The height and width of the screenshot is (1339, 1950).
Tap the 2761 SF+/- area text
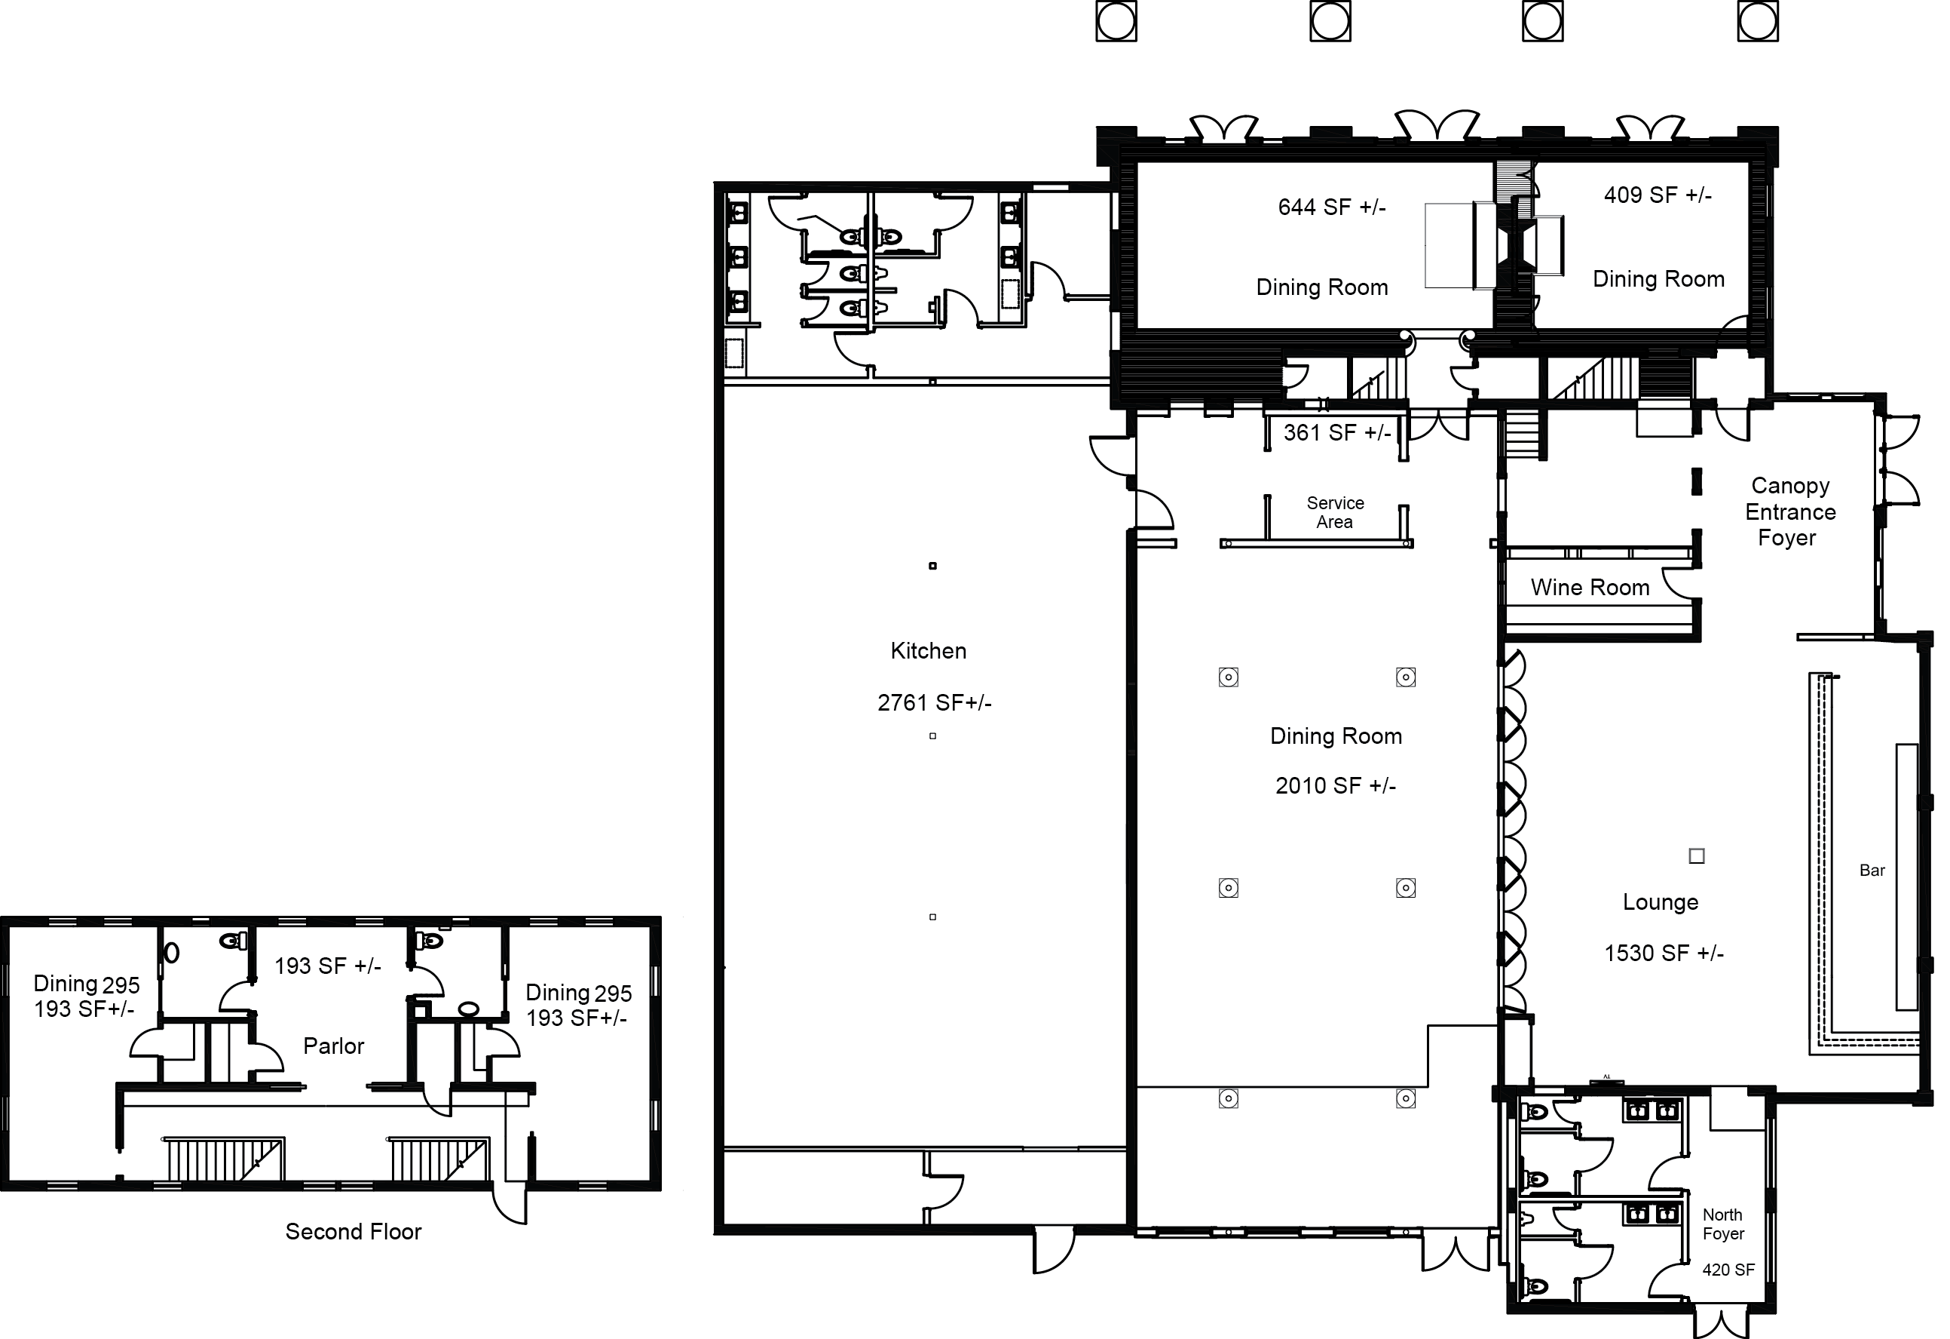(935, 702)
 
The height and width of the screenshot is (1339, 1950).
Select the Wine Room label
(1590, 588)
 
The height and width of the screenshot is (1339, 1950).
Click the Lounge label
(1661, 902)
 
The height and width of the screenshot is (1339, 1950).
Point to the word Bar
(1872, 871)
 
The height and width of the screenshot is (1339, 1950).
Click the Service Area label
(1335, 513)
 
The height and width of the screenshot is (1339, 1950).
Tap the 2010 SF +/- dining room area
(1336, 786)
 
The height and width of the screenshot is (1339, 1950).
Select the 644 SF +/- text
(1332, 207)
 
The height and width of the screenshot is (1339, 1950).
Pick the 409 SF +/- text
(1658, 195)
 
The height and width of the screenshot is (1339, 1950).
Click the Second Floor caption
(354, 1232)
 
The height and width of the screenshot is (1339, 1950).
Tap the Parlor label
(334, 1046)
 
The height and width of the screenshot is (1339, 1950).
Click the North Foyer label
(1723, 1224)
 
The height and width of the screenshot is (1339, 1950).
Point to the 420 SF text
(1728, 1270)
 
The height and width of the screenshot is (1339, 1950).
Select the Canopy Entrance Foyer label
(1790, 512)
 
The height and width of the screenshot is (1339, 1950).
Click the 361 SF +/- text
(1337, 433)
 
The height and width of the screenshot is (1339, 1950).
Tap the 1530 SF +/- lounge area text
(1664, 954)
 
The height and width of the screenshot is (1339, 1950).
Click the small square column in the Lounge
(1697, 856)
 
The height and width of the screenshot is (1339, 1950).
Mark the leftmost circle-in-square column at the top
(1117, 21)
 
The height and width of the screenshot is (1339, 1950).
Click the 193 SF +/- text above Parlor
(328, 966)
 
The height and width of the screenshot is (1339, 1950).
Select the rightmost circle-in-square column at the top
(1758, 21)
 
